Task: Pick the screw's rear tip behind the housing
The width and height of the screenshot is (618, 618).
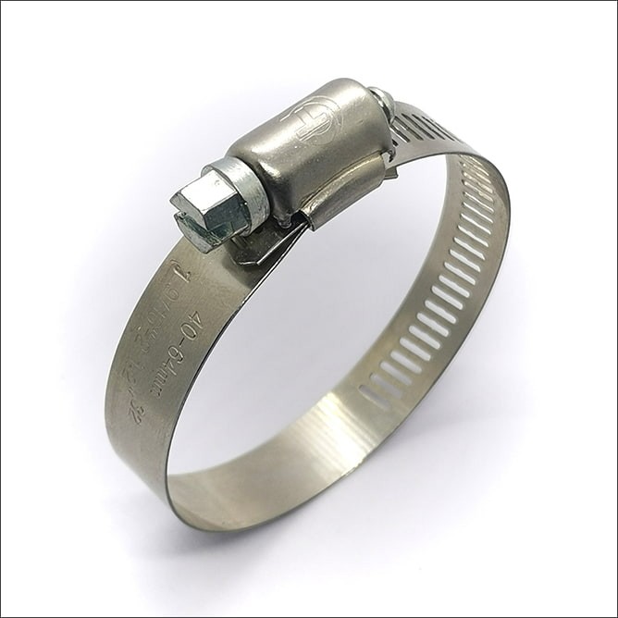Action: [381, 99]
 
